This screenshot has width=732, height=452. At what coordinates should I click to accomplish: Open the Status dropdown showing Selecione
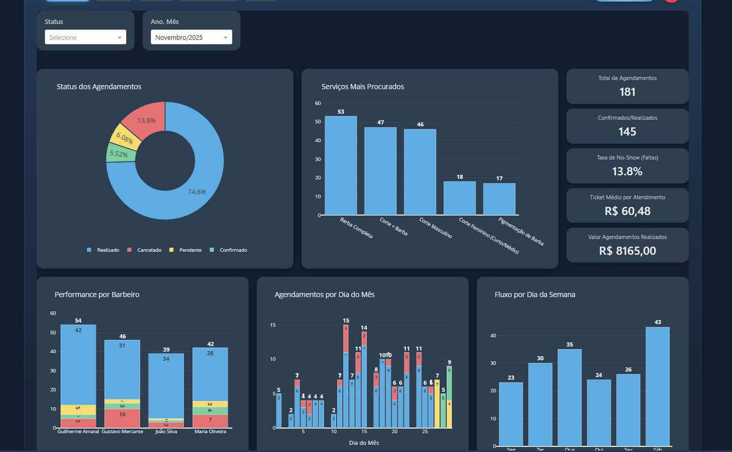85,37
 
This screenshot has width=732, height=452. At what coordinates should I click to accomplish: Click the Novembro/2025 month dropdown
191,37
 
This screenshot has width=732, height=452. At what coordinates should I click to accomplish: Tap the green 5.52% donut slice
119,153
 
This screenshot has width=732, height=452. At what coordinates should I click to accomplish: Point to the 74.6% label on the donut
197,192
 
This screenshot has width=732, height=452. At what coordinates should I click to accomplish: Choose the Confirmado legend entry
233,250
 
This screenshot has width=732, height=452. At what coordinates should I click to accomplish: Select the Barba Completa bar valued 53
341,166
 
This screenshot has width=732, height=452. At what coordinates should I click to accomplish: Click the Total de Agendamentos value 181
627,92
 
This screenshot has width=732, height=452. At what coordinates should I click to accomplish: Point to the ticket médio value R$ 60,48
627,211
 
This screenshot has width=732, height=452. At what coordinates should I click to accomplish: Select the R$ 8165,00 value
627,251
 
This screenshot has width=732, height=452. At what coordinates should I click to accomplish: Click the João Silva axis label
166,432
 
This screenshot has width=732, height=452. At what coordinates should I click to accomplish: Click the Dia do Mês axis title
364,443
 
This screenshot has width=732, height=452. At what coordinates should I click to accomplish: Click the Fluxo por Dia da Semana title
535,295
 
